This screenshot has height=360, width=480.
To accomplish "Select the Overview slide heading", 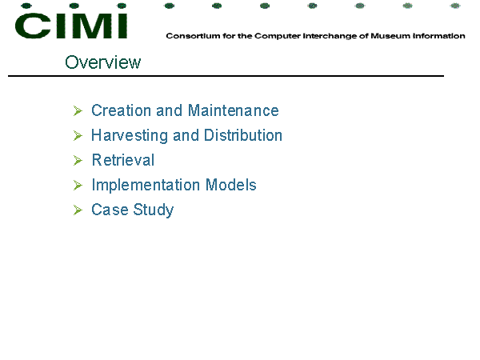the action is click(x=103, y=62).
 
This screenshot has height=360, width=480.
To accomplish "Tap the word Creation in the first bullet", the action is click(x=122, y=110).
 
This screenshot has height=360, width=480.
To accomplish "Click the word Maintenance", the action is click(x=234, y=110).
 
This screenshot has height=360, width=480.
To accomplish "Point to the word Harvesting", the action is click(x=130, y=136).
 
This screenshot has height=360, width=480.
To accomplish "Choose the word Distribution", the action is click(x=243, y=135).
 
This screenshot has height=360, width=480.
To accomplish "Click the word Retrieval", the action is click(x=123, y=160).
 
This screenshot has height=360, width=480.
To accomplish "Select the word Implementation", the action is click(x=146, y=186).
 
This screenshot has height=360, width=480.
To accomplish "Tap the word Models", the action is click(x=231, y=185).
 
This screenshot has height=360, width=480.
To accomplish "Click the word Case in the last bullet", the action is click(x=110, y=210).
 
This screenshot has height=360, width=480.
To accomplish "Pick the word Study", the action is click(x=154, y=210).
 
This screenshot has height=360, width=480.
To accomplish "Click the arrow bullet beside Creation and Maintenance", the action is click(x=78, y=111).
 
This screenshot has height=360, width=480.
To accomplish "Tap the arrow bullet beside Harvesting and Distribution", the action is click(x=78, y=136).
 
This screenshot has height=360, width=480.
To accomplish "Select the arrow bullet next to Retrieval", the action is click(x=78, y=161).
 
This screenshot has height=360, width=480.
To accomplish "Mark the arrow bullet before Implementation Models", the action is click(x=78, y=186).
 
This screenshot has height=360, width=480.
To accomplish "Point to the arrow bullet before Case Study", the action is click(x=78, y=210).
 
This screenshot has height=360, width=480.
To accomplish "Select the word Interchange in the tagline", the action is click(x=330, y=36).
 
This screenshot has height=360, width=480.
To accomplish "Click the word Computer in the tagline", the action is click(x=278, y=36).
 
